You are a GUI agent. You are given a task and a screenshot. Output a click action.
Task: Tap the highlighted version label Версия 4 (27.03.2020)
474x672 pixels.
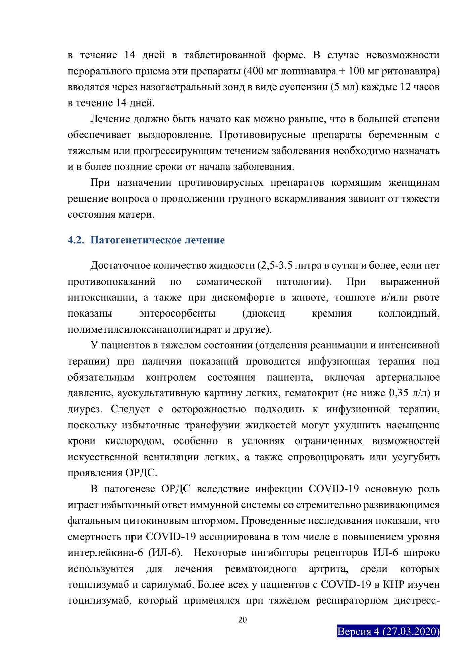(388, 631)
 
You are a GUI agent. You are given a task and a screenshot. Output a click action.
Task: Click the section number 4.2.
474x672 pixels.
(76, 240)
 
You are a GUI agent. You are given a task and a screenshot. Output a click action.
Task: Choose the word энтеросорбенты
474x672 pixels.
(177, 313)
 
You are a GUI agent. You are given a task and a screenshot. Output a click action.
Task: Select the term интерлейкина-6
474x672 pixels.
(105, 553)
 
